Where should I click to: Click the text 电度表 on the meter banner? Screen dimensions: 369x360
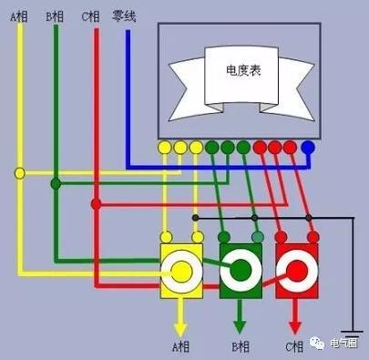[242, 70]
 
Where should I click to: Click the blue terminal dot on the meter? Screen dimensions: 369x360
[308, 146]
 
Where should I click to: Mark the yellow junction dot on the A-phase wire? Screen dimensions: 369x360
[19, 172]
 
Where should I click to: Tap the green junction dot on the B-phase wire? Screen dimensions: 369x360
[56, 183]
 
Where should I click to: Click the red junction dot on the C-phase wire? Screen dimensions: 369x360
[95, 202]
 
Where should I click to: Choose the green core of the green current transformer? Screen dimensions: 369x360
[240, 271]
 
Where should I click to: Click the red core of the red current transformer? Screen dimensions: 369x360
[296, 271]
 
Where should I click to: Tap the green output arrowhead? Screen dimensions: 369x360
[240, 325]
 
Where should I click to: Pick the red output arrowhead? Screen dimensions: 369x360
[296, 325]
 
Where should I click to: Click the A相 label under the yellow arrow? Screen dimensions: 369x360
[180, 346]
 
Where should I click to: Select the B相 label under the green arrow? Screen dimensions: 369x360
[241, 346]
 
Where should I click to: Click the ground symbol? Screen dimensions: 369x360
[354, 333]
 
